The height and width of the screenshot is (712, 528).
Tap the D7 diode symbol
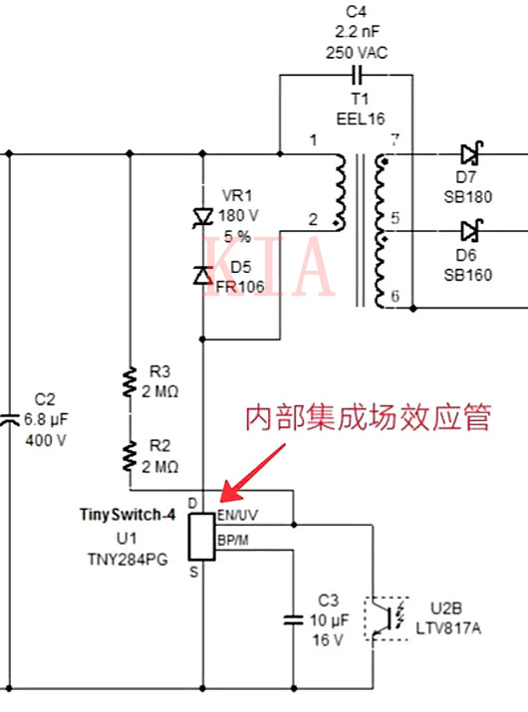(471, 154)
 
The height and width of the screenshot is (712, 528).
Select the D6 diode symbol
(471, 231)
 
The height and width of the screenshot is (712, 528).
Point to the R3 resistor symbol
(130, 382)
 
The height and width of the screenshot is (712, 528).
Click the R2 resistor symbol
(130, 456)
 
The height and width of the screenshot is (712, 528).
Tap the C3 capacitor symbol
(293, 619)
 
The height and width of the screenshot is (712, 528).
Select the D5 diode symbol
(202, 273)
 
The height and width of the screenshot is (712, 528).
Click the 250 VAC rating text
(356, 51)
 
